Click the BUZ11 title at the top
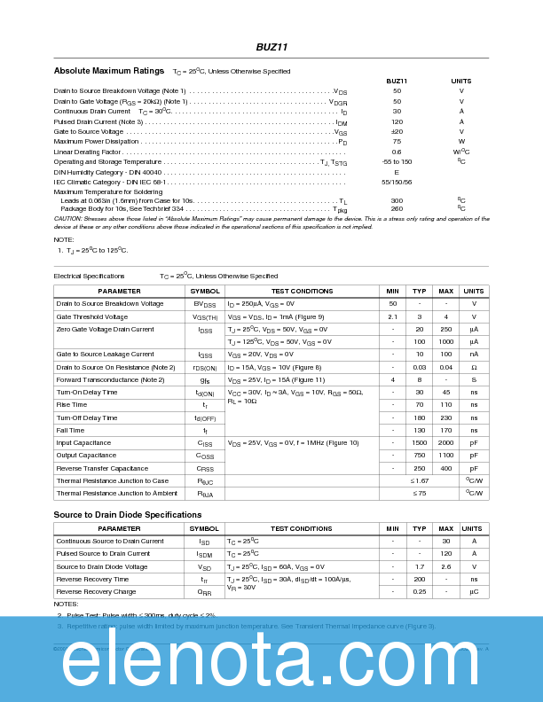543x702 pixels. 271,47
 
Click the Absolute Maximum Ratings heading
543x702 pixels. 108,70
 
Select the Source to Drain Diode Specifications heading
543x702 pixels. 127,515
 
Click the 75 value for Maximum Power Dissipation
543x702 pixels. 397,142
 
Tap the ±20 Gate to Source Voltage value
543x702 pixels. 397,131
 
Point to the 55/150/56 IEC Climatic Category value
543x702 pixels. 397,182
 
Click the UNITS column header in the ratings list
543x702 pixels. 461,81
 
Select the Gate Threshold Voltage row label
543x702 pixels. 92,316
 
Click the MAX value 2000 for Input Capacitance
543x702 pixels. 445,443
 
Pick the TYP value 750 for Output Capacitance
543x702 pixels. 419,456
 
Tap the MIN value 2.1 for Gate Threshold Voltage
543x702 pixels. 392,316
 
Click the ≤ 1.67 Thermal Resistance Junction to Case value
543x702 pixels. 419,481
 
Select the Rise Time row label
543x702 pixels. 72,405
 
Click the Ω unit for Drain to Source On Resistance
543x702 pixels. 474,367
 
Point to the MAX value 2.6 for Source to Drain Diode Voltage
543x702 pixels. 445,566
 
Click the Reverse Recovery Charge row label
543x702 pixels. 96,592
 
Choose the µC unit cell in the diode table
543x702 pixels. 474,592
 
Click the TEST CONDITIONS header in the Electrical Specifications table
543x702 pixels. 302,292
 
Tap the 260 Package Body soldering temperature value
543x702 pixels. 397,209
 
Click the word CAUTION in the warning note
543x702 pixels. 67,218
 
